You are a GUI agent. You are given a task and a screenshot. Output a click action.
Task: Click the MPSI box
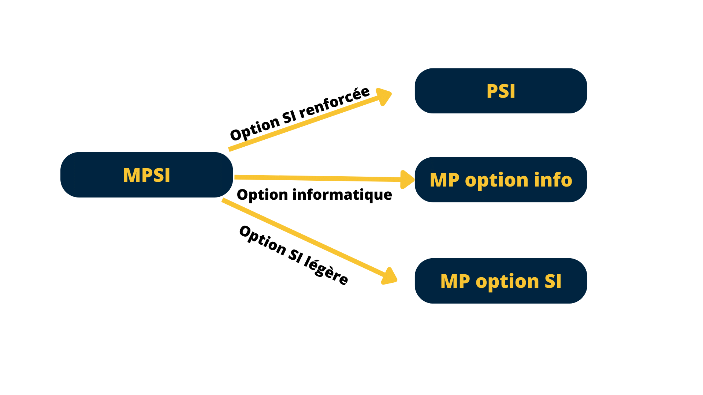pos(146,175)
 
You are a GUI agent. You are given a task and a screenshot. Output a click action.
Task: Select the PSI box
pos(501,91)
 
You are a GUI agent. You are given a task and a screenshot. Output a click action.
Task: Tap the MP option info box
pos(501,180)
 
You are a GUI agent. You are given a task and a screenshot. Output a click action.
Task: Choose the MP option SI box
pos(501,281)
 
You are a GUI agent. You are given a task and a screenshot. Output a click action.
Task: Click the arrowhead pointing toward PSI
pos(384,96)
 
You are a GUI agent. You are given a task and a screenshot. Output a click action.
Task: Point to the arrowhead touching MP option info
pos(407,180)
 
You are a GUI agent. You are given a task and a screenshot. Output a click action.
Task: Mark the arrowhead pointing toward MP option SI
pos(389,277)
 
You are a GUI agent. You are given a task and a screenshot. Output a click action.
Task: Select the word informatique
pos(342,195)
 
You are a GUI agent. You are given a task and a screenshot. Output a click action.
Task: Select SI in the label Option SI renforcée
pos(289,117)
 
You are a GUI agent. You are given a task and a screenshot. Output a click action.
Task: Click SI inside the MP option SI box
pos(553,281)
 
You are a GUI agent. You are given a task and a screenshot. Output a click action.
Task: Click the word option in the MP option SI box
pos(507,282)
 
